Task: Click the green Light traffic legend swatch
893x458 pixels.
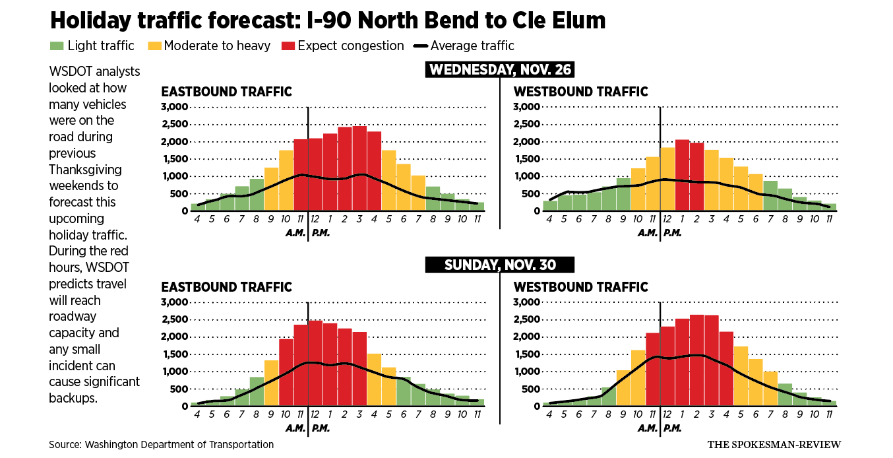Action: (57, 46)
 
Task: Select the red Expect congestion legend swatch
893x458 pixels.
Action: (288, 46)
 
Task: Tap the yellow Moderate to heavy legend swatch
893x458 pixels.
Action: (154, 46)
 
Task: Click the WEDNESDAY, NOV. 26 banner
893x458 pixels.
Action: (499, 69)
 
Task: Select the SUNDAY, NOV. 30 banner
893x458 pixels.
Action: (499, 265)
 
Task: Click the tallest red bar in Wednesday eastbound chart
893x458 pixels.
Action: (359, 168)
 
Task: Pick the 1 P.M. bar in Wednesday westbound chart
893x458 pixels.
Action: (682, 175)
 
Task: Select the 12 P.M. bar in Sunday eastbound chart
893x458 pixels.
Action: (315, 363)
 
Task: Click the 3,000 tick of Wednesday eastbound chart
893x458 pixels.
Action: (175, 107)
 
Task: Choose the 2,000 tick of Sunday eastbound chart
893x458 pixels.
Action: (175, 337)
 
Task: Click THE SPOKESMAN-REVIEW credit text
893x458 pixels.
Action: (774, 444)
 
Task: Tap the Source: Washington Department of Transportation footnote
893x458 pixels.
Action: (161, 444)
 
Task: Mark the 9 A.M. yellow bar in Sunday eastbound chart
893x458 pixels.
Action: (272, 383)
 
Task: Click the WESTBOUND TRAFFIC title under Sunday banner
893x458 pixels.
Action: (580, 287)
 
